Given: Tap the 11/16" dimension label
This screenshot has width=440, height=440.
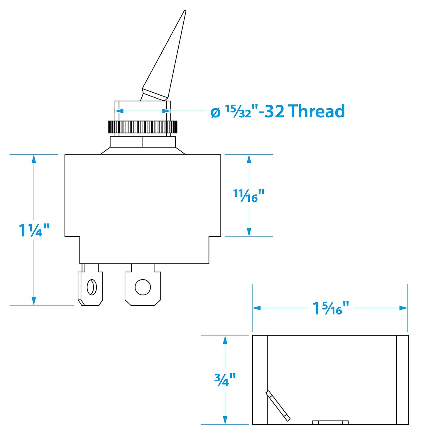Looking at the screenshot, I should point(249,196).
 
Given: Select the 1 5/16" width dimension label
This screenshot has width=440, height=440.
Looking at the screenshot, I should point(331,308).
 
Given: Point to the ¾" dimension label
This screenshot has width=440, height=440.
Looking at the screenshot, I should point(225,379).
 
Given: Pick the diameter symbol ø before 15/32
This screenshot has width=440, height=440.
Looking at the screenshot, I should point(216,112).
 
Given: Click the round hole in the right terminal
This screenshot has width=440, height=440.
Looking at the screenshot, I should point(143,287).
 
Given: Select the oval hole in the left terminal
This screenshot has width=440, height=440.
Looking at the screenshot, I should point(91,287).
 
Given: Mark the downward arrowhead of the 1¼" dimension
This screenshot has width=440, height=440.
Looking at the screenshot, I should point(34,301).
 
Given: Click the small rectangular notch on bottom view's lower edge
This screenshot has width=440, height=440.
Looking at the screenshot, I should point(331,422).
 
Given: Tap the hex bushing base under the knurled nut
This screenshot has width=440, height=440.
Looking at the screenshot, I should point(143,142).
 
